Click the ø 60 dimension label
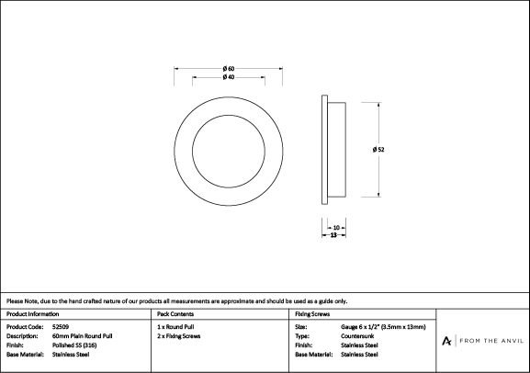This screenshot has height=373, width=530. click(229, 69)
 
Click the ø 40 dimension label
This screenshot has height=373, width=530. click(229, 77)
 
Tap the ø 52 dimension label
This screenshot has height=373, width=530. click(378, 150)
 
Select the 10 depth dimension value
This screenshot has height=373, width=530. click(336, 228)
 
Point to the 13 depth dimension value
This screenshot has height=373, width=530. click(333, 234)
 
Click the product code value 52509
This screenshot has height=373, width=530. click(61, 327)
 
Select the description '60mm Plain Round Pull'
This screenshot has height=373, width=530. click(82, 336)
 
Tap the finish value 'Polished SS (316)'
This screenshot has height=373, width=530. click(74, 345)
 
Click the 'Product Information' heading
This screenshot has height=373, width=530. click(32, 314)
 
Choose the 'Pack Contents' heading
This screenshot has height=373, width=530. click(175, 314)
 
